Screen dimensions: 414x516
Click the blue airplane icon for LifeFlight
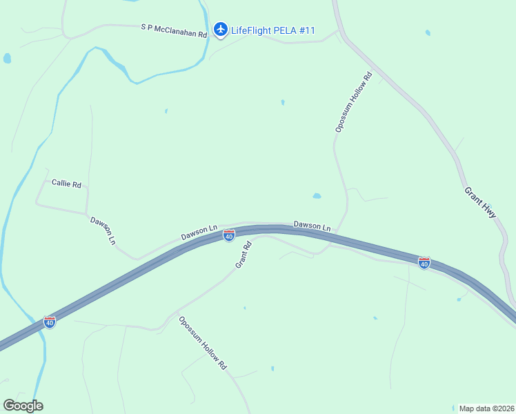pyautogui.click(x=220, y=29)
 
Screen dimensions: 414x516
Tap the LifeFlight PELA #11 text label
pyautogui.click(x=273, y=30)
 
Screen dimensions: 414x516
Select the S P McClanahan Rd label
pyautogui.click(x=174, y=30)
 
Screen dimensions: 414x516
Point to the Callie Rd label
pyautogui.click(x=67, y=184)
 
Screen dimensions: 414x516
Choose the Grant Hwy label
pyautogui.click(x=480, y=203)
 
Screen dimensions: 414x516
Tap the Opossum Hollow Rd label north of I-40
pyautogui.click(x=353, y=101)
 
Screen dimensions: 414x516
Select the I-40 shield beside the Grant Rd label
pyautogui.click(x=229, y=236)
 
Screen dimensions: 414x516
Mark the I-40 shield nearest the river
pyautogui.click(x=50, y=322)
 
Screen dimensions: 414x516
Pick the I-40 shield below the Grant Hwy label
pyautogui.click(x=424, y=263)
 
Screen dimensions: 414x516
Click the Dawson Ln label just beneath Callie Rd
pyautogui.click(x=102, y=230)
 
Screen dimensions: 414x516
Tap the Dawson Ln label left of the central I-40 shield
pyautogui.click(x=199, y=233)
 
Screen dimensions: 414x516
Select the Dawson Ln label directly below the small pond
pyautogui.click(x=312, y=226)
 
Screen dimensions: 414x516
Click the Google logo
pyautogui.click(x=23, y=406)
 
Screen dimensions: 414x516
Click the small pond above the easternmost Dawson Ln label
pyautogui.click(x=317, y=196)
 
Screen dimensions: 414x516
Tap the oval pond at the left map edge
pyautogui.click(x=7, y=59)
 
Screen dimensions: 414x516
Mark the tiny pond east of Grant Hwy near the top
pyautogui.click(x=428, y=32)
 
